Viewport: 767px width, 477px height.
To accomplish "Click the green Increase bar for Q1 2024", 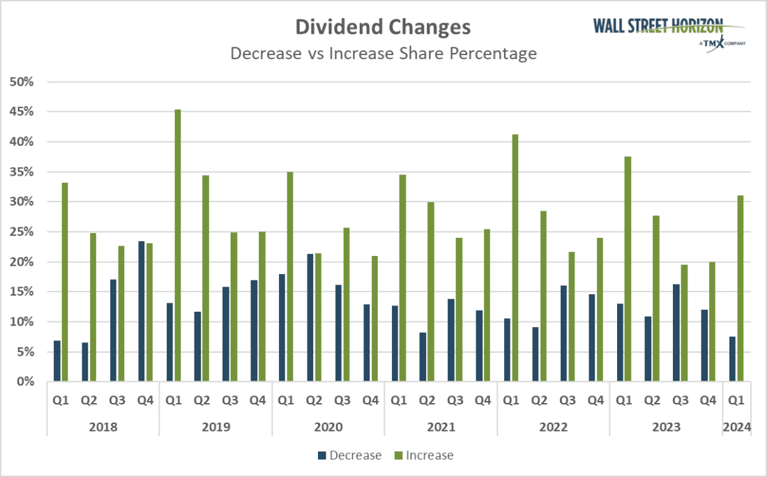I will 741,289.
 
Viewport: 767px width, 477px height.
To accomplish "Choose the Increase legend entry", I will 423,455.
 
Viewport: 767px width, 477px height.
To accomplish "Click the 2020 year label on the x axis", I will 328,426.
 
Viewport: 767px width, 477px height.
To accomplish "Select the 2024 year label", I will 736,426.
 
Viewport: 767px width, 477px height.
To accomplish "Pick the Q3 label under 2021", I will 455,400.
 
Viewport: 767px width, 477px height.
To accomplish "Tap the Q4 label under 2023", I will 708,400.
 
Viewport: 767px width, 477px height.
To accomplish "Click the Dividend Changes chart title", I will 383,27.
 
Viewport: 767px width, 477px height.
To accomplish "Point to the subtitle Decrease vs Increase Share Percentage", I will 383,54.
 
